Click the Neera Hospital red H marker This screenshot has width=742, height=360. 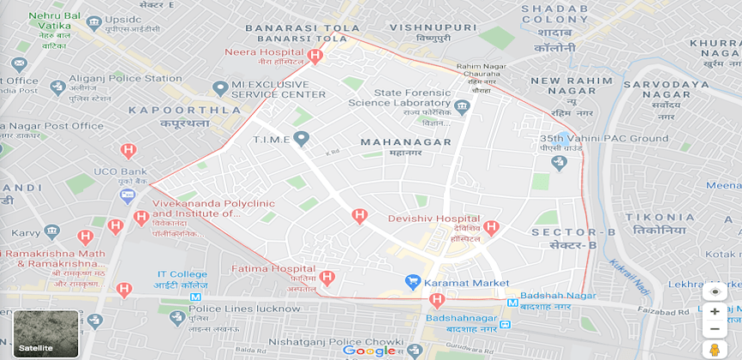[315, 57]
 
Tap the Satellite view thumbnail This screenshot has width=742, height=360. [46, 333]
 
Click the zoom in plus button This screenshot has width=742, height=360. [715, 311]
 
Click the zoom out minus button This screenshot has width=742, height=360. [715, 329]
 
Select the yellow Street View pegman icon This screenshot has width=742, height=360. [714, 350]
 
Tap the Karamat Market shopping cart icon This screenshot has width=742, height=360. [412, 282]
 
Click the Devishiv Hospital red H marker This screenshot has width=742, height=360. [491, 227]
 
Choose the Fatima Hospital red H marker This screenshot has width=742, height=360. [326, 277]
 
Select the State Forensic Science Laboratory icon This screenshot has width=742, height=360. [463, 107]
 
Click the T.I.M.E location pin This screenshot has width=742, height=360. [301, 138]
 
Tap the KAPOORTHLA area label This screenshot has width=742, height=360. [184, 111]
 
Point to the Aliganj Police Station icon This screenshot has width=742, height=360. [57, 87]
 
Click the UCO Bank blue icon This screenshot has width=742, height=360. [128, 195]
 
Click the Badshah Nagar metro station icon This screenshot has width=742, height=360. [512, 303]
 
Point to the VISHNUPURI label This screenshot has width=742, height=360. [421, 27]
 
